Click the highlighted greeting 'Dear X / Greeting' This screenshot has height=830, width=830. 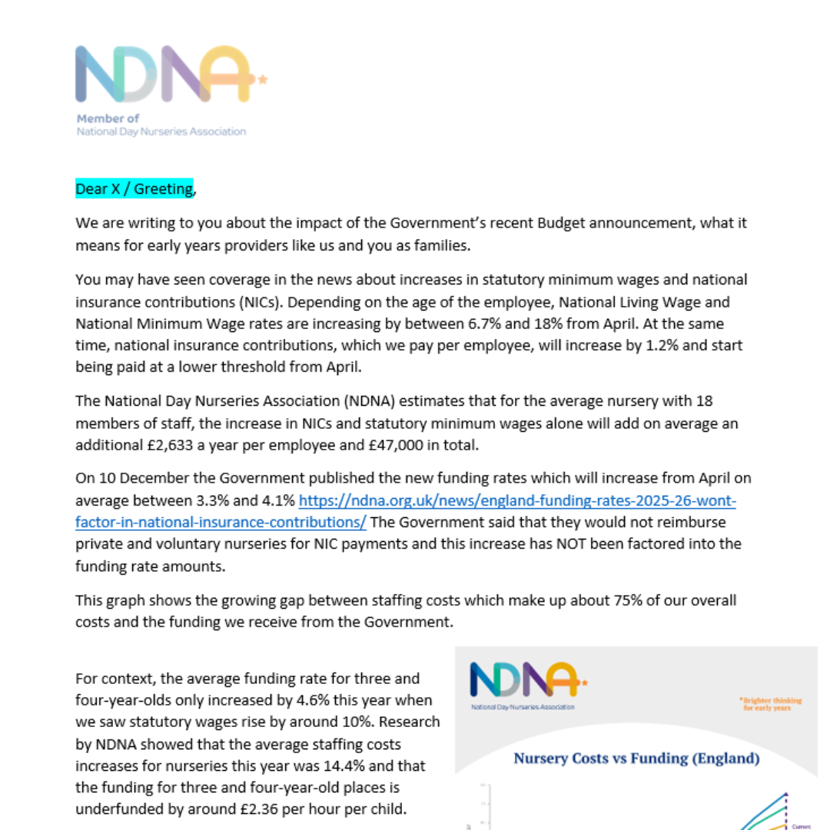[x=134, y=189]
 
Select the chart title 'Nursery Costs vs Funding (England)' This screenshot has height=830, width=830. [x=636, y=759]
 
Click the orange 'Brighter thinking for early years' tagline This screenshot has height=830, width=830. [x=771, y=704]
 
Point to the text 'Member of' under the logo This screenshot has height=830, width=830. [x=108, y=118]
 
